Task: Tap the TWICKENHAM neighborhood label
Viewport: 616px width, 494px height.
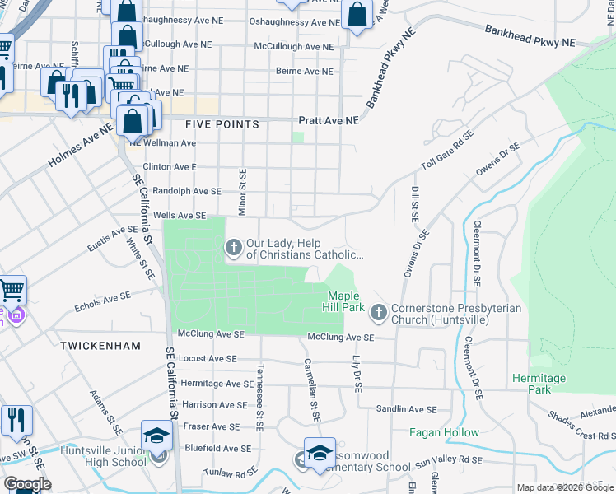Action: (100, 347)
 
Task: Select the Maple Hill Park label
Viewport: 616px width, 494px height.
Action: (346, 301)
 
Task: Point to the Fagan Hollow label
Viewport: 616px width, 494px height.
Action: (445, 432)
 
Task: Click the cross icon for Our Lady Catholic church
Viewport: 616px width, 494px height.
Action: (233, 246)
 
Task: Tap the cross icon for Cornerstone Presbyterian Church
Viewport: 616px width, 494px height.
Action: (378, 312)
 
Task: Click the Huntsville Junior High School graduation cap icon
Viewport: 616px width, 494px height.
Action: (156, 436)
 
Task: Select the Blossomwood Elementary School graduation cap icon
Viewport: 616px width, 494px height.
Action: (320, 452)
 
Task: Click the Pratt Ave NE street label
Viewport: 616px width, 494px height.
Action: (329, 120)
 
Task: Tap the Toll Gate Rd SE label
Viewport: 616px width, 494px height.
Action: (448, 149)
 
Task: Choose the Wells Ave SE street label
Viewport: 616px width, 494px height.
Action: (180, 215)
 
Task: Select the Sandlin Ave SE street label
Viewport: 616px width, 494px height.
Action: (405, 409)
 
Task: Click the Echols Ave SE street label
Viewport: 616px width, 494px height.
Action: (102, 300)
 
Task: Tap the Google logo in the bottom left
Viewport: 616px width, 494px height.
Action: (27, 484)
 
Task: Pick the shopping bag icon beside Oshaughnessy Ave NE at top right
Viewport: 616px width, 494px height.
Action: (357, 15)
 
